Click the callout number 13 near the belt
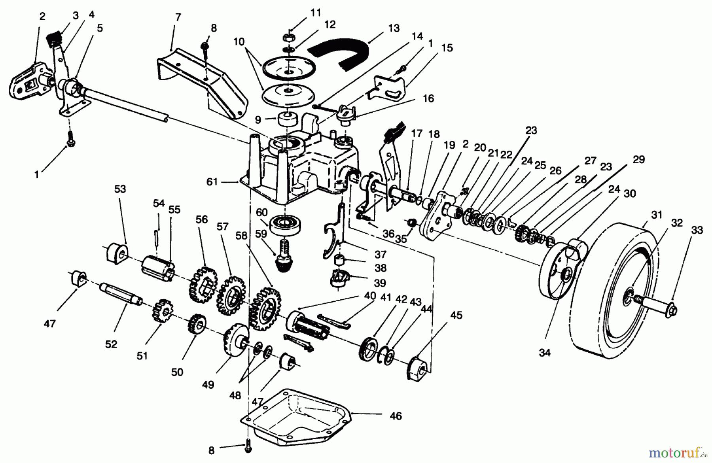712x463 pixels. pos(394,28)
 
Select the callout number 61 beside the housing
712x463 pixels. pos(212,182)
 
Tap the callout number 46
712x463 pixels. pos(396,416)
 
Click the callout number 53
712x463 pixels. pos(120,189)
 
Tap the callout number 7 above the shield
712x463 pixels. pos(178,17)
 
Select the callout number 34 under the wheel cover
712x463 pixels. pos(545,353)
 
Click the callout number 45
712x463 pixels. pos(456,315)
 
